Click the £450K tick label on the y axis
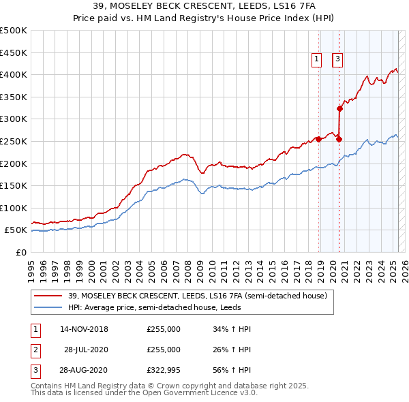click(x=14, y=52)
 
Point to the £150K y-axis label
click(x=14, y=185)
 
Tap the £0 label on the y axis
click(x=21, y=252)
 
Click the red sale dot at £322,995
click(x=339, y=108)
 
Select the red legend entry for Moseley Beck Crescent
click(x=198, y=296)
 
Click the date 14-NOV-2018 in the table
click(x=84, y=329)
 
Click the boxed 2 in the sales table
click(x=35, y=350)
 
